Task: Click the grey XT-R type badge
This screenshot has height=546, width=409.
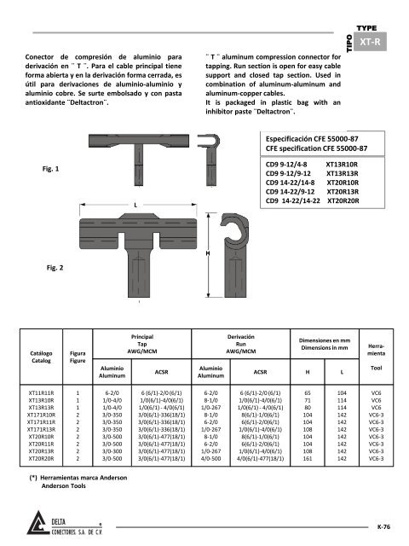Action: click(x=370, y=42)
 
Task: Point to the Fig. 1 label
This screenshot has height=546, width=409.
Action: click(x=51, y=169)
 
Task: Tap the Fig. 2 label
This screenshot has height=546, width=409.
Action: click(x=55, y=267)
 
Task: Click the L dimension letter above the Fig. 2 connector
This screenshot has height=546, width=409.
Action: click(x=135, y=205)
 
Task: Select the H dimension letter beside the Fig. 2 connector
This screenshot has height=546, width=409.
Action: click(x=208, y=253)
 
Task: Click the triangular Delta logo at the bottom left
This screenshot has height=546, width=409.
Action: click(x=37, y=522)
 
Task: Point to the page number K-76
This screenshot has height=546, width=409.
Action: click(x=383, y=527)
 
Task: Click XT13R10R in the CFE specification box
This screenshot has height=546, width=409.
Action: click(x=342, y=165)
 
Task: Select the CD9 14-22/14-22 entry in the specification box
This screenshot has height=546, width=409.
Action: click(x=293, y=200)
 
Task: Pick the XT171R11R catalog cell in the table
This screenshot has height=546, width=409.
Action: click(x=41, y=422)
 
